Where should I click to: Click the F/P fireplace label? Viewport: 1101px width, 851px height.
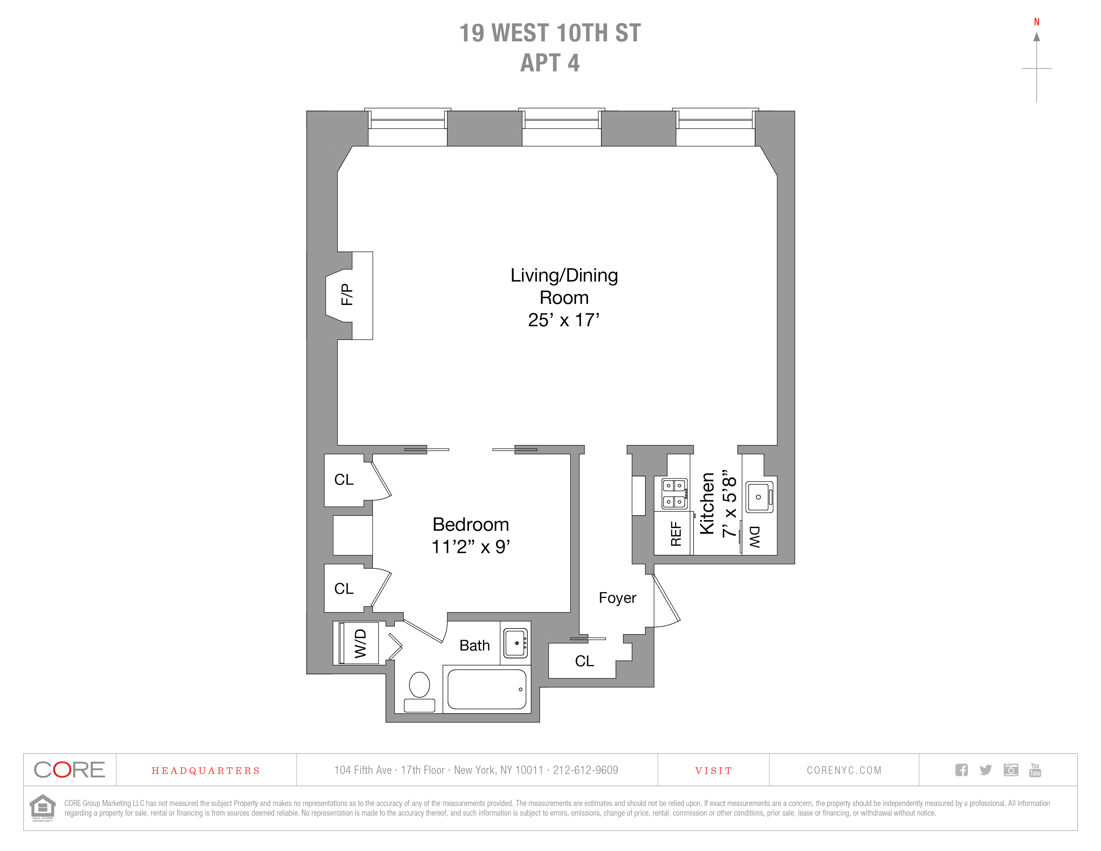(x=347, y=295)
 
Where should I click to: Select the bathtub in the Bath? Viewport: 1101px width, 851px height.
(x=487, y=689)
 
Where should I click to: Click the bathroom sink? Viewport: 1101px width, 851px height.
(x=516, y=643)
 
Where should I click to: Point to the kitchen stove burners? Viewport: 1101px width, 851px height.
(x=674, y=494)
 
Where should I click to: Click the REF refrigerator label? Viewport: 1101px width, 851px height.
(x=675, y=534)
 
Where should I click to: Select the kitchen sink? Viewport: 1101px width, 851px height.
(x=759, y=497)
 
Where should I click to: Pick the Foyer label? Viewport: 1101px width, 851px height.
(x=617, y=598)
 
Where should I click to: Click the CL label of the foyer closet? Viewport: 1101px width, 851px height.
(x=584, y=661)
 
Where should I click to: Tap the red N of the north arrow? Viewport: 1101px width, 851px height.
(x=1037, y=22)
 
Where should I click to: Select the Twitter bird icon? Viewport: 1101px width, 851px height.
(x=986, y=770)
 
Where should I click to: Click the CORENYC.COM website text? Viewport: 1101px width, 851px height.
(x=844, y=770)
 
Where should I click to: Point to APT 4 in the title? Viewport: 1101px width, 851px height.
(x=550, y=63)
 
